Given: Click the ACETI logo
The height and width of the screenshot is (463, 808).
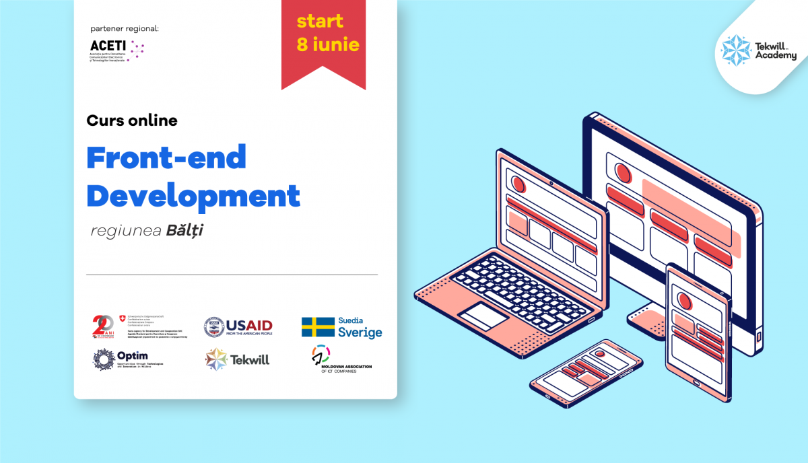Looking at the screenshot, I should click(x=116, y=49).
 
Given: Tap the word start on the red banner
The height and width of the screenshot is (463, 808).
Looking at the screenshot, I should click(x=320, y=21).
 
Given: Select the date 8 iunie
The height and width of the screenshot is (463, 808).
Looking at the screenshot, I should click(x=328, y=46).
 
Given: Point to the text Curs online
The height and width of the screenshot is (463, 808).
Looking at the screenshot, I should click(x=132, y=121).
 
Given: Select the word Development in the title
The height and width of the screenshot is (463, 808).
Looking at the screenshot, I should click(x=193, y=196).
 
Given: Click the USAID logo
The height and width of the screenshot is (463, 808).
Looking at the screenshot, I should click(x=238, y=326).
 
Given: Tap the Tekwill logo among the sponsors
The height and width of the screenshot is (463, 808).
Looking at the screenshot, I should click(x=237, y=359).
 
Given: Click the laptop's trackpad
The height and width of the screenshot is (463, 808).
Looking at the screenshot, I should click(x=483, y=316).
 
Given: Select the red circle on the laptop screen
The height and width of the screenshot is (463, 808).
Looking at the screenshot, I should click(x=518, y=184).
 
